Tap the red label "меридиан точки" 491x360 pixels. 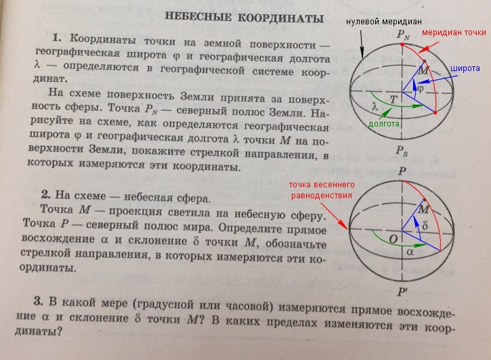453,32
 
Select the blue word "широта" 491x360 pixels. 465,69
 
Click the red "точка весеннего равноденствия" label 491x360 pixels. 320,189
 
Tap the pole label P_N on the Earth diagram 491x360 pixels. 404,33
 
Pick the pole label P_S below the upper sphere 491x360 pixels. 403,150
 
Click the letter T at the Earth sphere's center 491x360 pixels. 393,99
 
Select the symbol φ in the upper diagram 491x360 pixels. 419,88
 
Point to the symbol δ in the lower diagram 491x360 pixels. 425,223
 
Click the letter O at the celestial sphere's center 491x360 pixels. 392,238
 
